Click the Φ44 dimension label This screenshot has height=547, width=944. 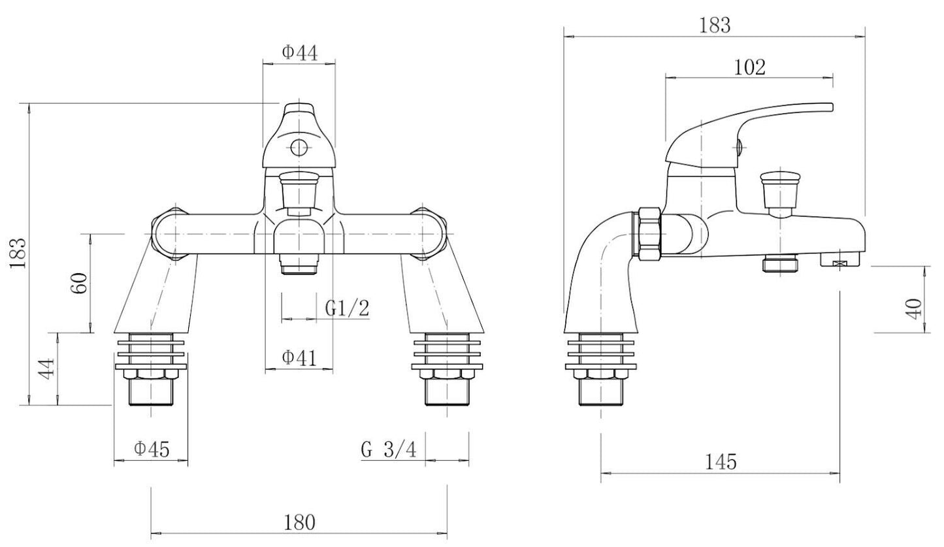[300, 52]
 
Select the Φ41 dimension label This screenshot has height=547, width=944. [299, 357]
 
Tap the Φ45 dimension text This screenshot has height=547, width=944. [152, 449]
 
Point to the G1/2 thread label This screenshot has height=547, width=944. [347, 308]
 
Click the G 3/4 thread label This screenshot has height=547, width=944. [388, 449]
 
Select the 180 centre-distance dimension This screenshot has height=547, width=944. [300, 522]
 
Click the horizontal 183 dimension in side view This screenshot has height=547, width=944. [714, 25]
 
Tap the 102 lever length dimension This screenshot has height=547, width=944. [749, 67]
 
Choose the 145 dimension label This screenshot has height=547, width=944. [721, 462]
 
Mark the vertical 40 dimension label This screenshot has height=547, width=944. [915, 307]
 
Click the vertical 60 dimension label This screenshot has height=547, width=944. [79, 284]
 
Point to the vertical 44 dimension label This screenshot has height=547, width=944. [46, 371]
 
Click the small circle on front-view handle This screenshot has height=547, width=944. [299, 148]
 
